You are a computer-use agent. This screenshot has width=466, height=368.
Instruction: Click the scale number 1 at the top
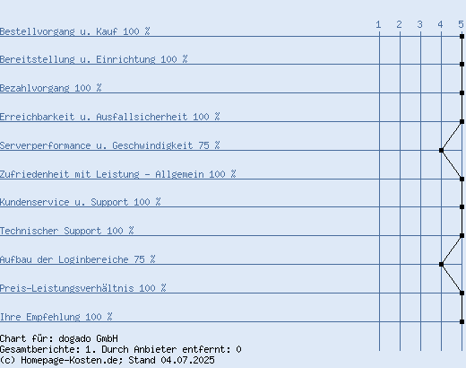point(378,24)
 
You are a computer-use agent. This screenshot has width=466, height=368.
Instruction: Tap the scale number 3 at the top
point(419,24)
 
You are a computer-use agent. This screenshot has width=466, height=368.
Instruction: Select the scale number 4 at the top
point(440,24)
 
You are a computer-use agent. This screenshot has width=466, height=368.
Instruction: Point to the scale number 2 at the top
point(399,24)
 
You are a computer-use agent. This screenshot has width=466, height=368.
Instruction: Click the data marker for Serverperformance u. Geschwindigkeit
point(441,150)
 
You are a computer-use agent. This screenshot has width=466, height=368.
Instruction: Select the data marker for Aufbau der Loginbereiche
point(441,264)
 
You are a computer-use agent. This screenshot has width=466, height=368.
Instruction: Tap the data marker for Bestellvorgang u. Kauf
point(462,36)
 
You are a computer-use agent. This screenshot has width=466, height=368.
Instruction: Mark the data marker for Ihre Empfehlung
point(462,321)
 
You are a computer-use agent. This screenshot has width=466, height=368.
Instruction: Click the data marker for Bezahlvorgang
point(462,92)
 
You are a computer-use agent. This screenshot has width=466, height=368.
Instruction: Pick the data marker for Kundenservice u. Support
point(462,206)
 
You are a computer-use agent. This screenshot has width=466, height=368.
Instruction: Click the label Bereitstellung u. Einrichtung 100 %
point(94,59)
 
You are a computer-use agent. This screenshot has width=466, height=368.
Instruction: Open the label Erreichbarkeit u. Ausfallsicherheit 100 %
point(110,117)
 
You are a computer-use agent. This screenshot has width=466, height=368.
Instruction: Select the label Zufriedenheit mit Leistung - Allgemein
point(102,174)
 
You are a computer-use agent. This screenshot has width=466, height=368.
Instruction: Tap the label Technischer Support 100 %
point(67,231)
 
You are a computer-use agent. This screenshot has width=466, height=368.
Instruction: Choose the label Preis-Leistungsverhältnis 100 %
point(83,288)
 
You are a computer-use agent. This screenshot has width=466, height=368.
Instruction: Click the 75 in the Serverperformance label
point(203,145)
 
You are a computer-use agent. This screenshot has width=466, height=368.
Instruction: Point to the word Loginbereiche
point(93,259)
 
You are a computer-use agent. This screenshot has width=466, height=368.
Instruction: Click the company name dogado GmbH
point(88,338)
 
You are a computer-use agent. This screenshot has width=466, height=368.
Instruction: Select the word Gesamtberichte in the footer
point(38,349)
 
